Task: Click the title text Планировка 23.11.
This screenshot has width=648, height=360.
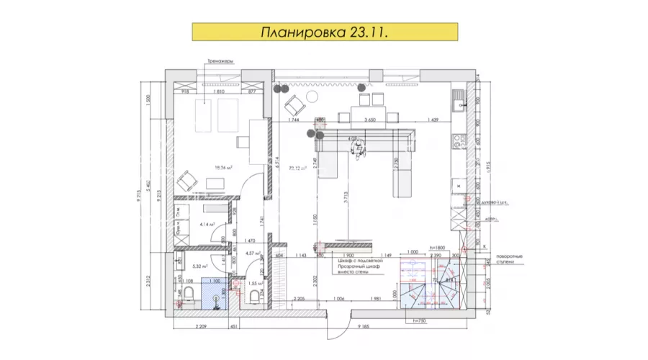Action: [x=323, y=34]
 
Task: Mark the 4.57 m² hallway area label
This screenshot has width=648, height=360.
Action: [x=253, y=253]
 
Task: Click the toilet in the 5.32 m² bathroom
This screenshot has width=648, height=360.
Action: [x=186, y=294]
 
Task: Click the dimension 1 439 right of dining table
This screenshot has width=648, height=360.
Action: [x=433, y=120]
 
